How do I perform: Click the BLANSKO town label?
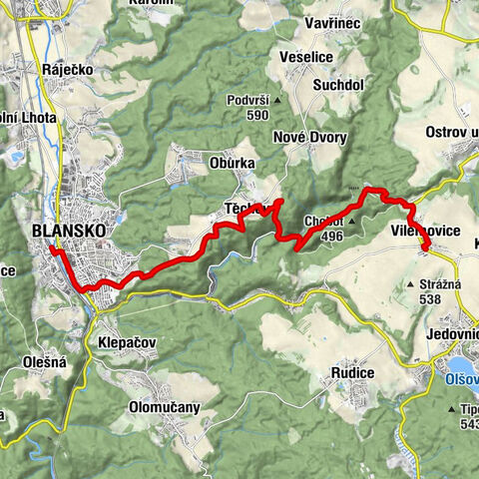[69, 231]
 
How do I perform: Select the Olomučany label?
[165, 407]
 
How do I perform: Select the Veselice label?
[306, 57]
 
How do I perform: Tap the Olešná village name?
[44, 362]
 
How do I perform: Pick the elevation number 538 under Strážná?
[431, 298]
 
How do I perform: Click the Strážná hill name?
[436, 284]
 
